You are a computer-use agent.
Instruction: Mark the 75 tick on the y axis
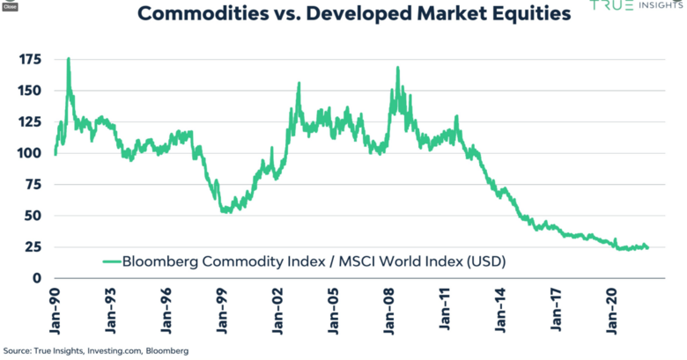pyautogui.click(x=33, y=185)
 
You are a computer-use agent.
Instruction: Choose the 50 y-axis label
pyautogui.click(x=33, y=216)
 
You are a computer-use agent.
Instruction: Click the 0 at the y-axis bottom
pyautogui.click(x=37, y=278)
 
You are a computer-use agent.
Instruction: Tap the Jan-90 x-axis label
pyautogui.click(x=55, y=307)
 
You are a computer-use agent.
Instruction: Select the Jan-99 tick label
pyautogui.click(x=221, y=307)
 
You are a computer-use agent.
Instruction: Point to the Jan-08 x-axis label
pyautogui.click(x=388, y=307)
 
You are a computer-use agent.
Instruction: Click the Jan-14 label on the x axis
pyautogui.click(x=499, y=307)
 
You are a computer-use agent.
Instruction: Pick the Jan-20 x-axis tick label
pyautogui.click(x=610, y=307)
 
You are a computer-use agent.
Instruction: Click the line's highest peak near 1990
pyautogui.click(x=68, y=59)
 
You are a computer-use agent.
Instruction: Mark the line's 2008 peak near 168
pyautogui.click(x=398, y=68)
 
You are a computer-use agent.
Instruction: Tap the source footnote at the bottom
pyautogui.click(x=95, y=350)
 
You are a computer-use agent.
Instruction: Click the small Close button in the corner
pyautogui.click(x=9, y=5)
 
